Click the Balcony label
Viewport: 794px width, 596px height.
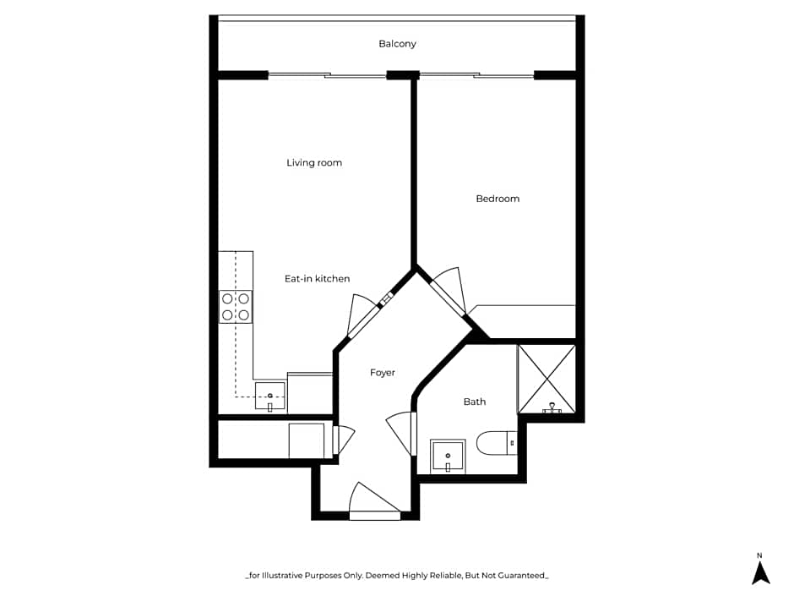point(397,44)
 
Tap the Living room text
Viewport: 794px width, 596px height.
point(314,163)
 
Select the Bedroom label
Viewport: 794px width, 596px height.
point(498,199)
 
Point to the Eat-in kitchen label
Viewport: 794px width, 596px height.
point(317,279)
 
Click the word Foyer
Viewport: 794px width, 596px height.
point(383,373)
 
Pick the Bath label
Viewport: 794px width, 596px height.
point(475,402)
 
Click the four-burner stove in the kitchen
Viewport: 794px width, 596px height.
point(236,306)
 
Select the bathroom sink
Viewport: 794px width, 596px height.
point(447,457)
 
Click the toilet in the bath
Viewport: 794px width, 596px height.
point(496,442)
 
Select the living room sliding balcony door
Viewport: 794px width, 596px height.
point(327,75)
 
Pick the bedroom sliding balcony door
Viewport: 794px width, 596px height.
point(477,75)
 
